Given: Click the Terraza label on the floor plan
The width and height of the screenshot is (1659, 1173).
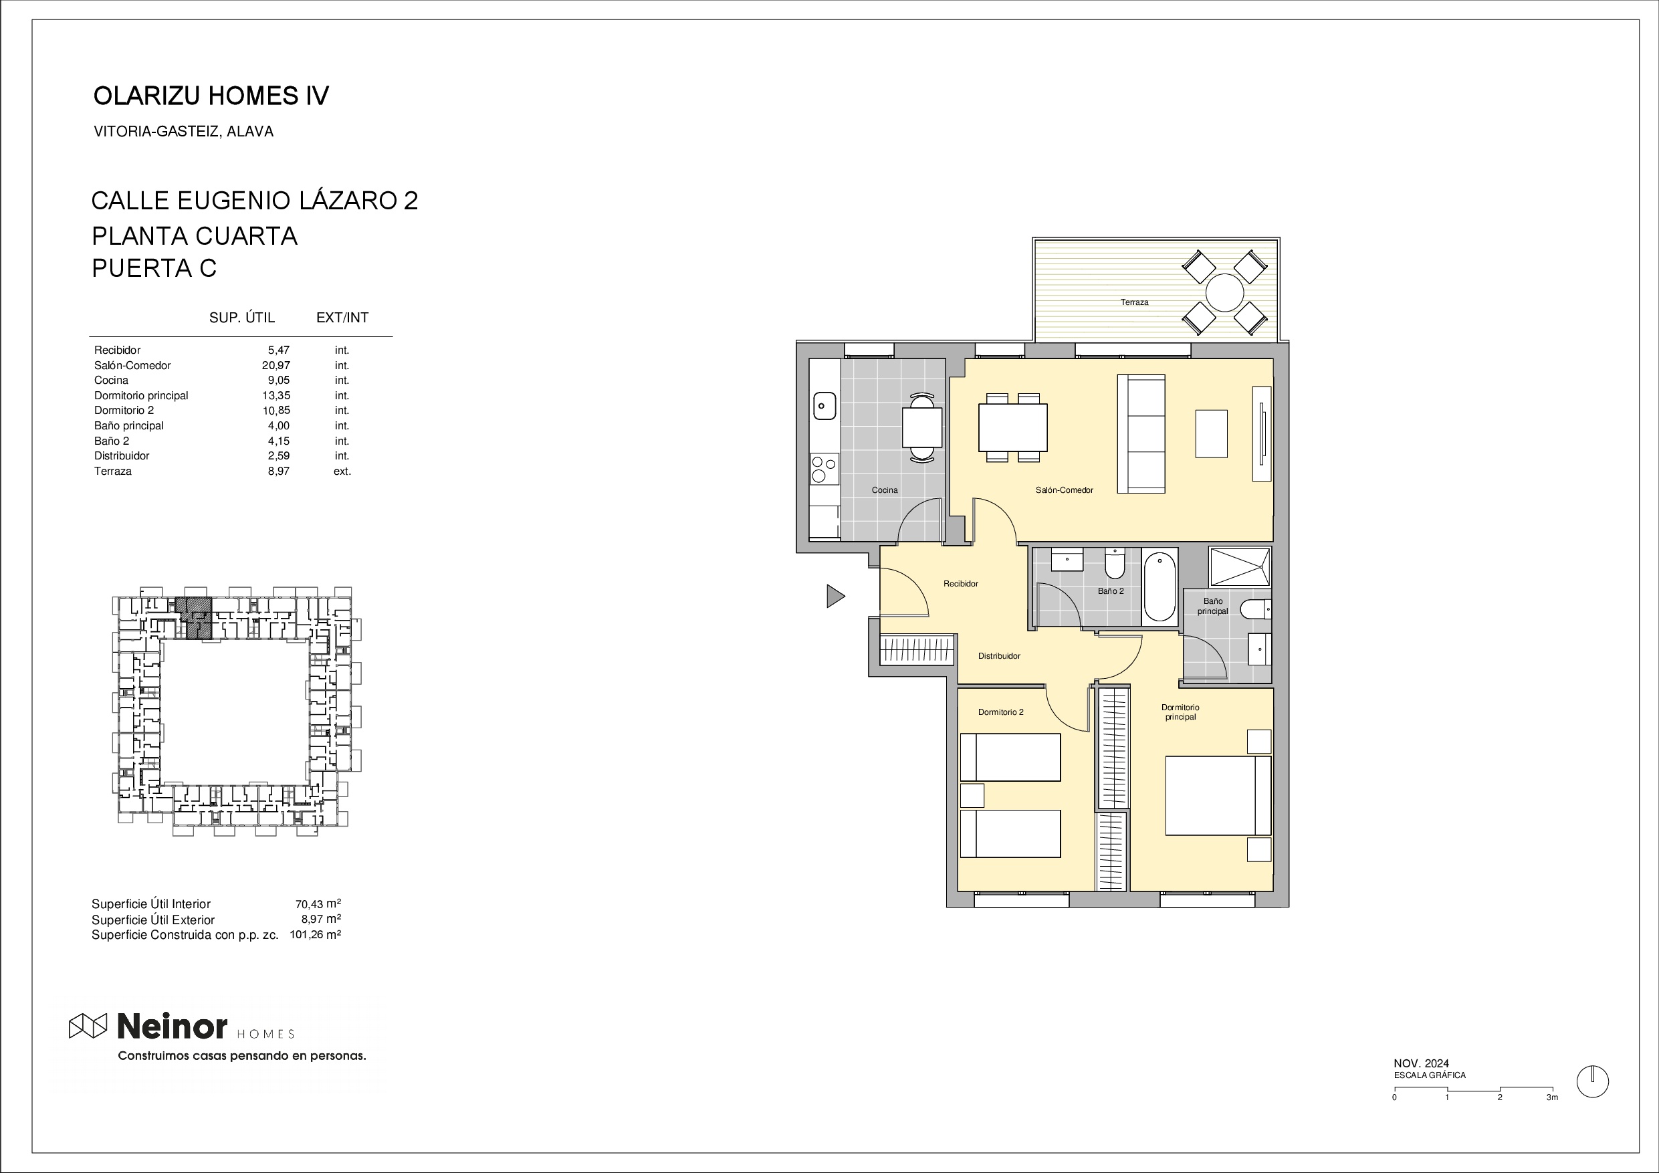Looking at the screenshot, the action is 1135,302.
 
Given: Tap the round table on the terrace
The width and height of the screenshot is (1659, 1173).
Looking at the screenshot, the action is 1225,293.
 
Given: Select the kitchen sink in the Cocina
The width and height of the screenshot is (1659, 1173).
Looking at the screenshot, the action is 824,405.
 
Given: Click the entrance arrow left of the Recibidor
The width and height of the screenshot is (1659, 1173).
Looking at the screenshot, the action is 835,596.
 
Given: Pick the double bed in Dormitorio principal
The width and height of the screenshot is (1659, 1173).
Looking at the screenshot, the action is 1218,795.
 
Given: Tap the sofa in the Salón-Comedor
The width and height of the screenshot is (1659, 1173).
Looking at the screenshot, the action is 1141,433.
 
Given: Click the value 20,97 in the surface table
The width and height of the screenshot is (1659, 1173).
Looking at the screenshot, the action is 276,366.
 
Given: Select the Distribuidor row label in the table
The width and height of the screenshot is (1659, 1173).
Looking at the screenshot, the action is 122,456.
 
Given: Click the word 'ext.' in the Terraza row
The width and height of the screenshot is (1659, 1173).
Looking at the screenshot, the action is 342,471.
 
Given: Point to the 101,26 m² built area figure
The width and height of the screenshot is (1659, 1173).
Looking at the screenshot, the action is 315,934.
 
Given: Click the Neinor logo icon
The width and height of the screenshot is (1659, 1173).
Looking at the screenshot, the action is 88,1026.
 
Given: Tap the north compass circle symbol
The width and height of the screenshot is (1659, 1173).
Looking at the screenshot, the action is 1592,1082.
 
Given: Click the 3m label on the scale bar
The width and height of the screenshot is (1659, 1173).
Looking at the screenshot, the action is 1551,1097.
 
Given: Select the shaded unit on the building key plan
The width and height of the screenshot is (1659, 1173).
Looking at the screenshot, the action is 195,618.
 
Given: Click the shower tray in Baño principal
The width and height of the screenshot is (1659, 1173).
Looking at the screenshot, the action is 1240,566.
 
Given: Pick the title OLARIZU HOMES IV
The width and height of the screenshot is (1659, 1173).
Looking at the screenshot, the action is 211,96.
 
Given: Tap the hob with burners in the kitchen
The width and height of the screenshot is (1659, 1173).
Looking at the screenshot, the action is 824,468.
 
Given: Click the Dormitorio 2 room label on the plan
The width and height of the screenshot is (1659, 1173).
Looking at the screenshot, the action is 1001,712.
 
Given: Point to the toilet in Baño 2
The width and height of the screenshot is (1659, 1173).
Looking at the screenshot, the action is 1115,564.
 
